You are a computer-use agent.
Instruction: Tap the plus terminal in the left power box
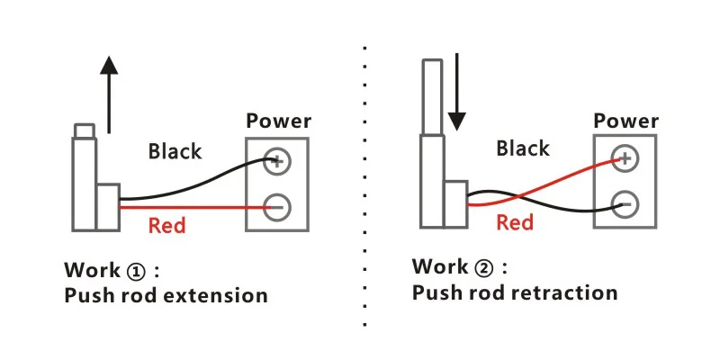click(276, 162)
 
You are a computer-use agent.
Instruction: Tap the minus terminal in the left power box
click(276, 206)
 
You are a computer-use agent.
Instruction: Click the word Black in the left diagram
click(175, 150)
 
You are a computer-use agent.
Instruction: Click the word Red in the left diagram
click(166, 225)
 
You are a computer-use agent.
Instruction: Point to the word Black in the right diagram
click(522, 148)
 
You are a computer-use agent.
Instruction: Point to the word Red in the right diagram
click(515, 221)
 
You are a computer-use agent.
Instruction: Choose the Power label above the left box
click(279, 121)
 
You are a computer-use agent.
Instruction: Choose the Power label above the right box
click(626, 121)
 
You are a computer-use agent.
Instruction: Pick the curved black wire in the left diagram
click(198, 184)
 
